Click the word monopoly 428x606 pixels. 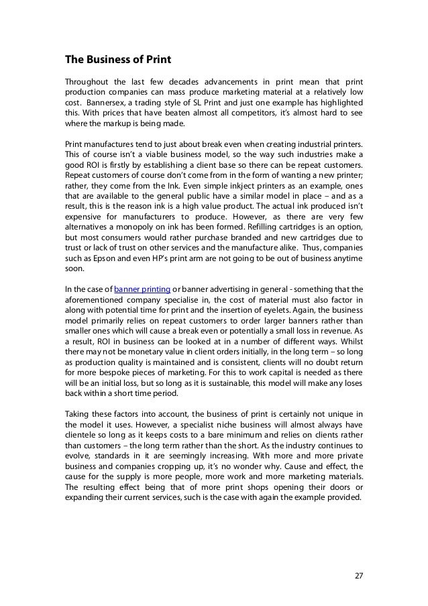[130, 227]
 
